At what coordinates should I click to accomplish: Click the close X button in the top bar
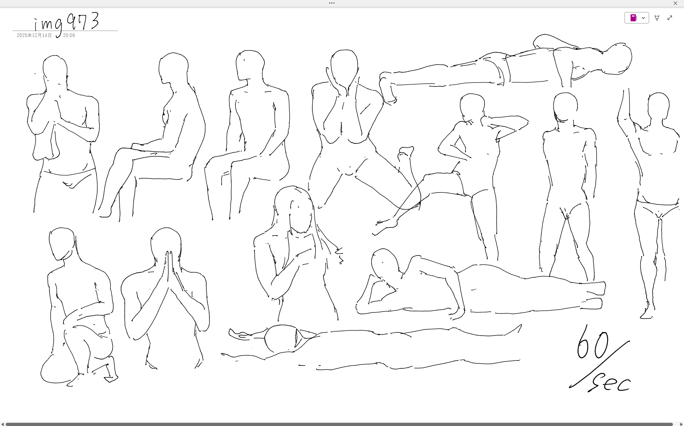pyautogui.click(x=675, y=3)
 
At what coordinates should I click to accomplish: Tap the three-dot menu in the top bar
pyautogui.click(x=332, y=3)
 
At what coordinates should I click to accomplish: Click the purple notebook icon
pyautogui.click(x=633, y=18)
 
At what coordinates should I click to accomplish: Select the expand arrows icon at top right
pyautogui.click(x=670, y=18)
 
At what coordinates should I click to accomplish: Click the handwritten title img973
pyautogui.click(x=67, y=23)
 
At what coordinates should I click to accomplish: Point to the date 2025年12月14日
pyautogui.click(x=34, y=36)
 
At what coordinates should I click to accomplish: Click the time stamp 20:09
pyautogui.click(x=69, y=36)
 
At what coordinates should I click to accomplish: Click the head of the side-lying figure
pyautogui.click(x=385, y=265)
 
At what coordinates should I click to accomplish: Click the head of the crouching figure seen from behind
pyautogui.click(x=62, y=243)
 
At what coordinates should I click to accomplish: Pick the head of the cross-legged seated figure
pyautogui.click(x=173, y=68)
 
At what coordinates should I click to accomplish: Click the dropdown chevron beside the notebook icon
pyautogui.click(x=643, y=18)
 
